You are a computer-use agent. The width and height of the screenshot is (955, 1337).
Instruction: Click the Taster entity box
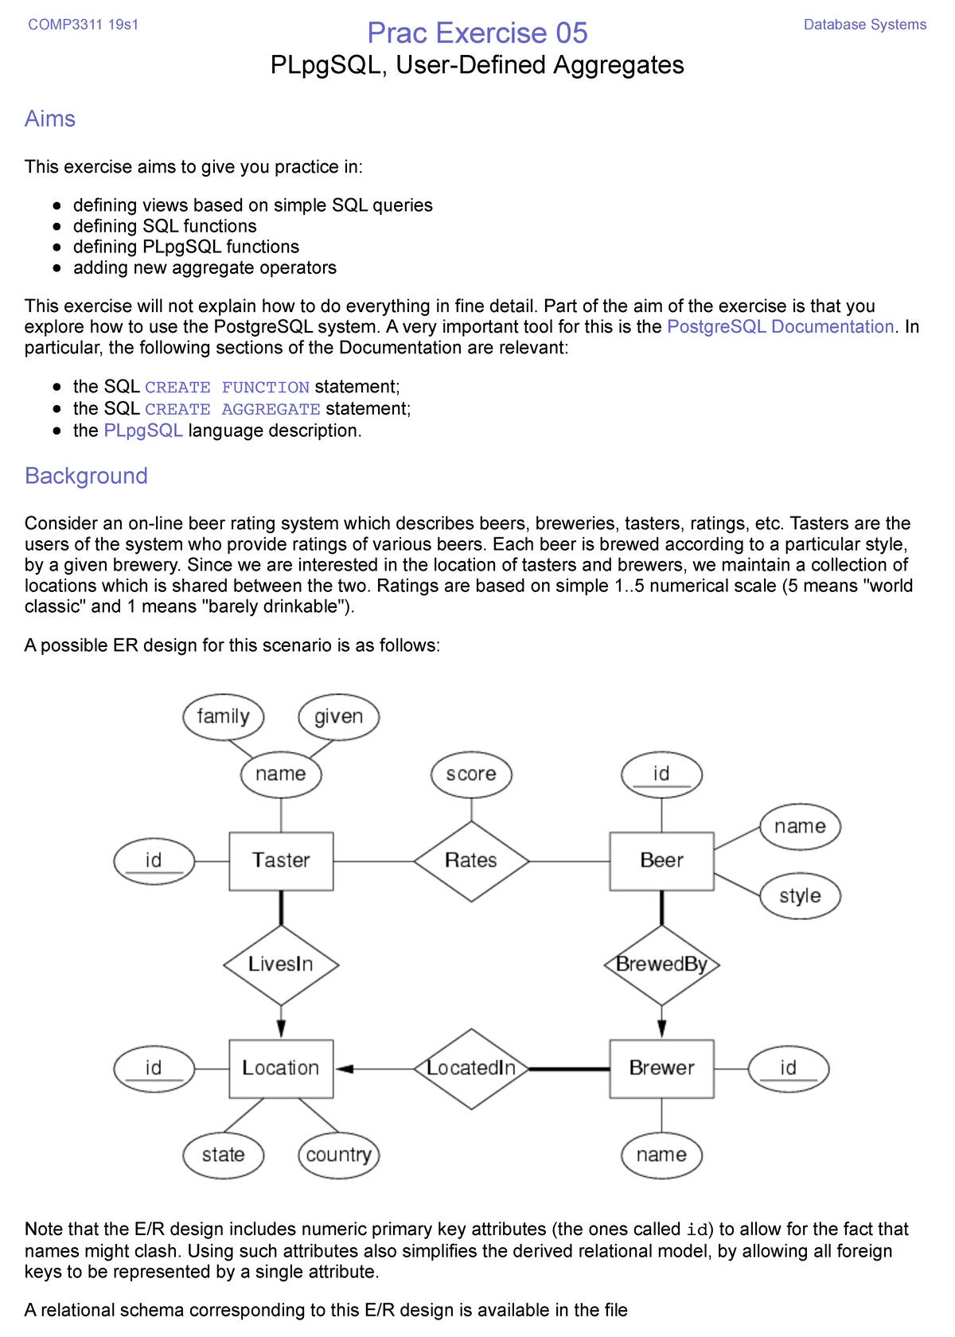click(281, 861)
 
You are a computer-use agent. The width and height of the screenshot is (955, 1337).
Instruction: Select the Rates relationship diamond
click(471, 861)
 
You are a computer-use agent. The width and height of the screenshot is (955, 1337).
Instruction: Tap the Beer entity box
click(661, 861)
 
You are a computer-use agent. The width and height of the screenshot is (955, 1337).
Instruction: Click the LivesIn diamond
click(281, 965)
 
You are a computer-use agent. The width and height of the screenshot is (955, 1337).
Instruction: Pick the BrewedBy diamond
click(661, 965)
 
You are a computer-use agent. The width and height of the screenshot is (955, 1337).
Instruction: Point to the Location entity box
click(281, 1068)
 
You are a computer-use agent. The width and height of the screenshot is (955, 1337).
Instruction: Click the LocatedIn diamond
click(471, 1068)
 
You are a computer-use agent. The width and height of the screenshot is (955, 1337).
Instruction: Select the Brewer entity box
click(661, 1068)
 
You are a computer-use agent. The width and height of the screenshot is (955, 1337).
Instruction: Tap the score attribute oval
click(471, 774)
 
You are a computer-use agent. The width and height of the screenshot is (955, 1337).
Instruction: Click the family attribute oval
click(223, 716)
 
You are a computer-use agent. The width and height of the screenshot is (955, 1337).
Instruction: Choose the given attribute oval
click(338, 716)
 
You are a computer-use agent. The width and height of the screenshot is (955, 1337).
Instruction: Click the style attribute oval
click(800, 896)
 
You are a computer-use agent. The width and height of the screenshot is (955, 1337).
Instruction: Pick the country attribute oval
click(338, 1156)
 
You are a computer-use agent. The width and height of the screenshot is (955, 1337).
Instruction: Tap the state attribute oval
click(223, 1156)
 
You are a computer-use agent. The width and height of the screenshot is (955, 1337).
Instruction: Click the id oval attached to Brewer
click(788, 1068)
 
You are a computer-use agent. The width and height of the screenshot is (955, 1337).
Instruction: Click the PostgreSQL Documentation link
click(780, 327)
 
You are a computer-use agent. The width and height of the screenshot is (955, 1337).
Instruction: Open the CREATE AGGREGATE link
click(232, 409)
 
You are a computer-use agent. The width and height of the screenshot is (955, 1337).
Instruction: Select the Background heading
click(86, 476)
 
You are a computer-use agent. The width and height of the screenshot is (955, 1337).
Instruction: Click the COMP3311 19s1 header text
click(83, 25)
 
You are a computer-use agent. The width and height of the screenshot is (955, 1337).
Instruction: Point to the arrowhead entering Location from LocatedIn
click(345, 1069)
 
